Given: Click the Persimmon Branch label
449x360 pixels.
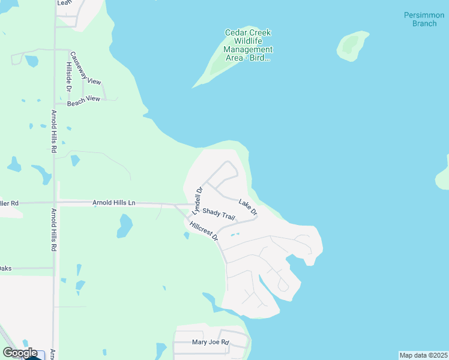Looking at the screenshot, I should coord(420,19).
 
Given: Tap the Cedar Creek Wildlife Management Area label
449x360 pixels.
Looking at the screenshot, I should coord(248,45).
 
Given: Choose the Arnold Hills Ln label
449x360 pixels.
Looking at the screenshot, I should coord(113,203).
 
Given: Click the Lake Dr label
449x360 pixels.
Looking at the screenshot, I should coord(248,208).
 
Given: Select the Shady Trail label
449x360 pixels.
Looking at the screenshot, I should coord(218,213).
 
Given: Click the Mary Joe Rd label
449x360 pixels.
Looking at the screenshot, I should coord(210,343).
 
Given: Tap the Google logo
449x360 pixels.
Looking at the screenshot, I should coord(20,353).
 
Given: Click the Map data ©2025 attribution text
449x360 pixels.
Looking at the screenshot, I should coord(423,355).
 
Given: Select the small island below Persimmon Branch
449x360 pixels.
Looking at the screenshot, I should coord(352,46).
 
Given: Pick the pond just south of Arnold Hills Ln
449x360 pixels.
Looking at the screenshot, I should coord(125,226).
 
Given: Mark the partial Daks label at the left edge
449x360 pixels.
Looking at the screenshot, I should coord(5,268).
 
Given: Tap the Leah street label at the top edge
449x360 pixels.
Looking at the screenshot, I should coord(64,3).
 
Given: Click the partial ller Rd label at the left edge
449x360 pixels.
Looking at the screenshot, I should coord(10,203).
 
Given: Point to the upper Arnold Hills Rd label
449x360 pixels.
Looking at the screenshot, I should coord(53,131).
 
